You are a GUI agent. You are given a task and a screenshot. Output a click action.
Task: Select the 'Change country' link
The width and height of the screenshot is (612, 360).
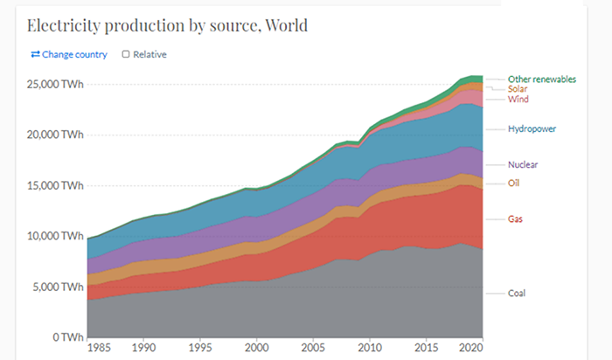(x=69, y=55)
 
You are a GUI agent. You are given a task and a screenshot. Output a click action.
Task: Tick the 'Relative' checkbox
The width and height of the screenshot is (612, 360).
(x=126, y=55)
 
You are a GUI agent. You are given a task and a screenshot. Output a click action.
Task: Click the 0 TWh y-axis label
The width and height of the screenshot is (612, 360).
(x=68, y=337)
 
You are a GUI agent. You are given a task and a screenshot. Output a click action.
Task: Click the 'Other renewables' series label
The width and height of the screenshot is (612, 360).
(x=542, y=79)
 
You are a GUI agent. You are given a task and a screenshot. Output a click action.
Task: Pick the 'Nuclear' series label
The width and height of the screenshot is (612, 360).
(x=523, y=164)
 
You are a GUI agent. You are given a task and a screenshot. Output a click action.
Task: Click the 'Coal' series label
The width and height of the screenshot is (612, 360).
(x=518, y=293)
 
